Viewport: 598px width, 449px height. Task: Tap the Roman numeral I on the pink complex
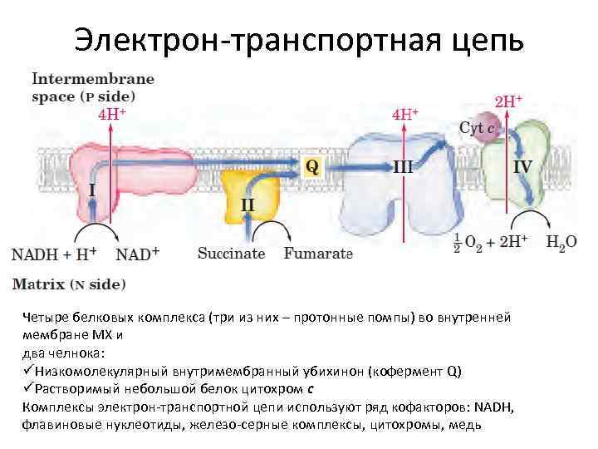[x=91, y=190]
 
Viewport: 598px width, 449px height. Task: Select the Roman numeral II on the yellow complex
[x=248, y=204]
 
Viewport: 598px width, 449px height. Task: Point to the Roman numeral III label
[x=403, y=166]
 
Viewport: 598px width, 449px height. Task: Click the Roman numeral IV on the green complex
[x=522, y=166]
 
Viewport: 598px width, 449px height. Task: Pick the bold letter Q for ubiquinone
[x=312, y=166]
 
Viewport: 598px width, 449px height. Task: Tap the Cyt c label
[x=478, y=128]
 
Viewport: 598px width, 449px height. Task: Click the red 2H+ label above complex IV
[x=508, y=101]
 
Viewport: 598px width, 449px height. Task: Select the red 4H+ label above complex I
[x=112, y=114]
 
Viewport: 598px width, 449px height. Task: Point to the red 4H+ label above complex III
[x=404, y=114]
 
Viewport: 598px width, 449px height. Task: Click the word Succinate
[x=231, y=254]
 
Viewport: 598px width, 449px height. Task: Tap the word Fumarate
[x=317, y=254]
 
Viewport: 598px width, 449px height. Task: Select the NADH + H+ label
[x=54, y=254]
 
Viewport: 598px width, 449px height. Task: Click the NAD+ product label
[x=137, y=254]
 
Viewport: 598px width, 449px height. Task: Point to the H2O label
[x=561, y=243]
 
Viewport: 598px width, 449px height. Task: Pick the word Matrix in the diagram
[x=38, y=284]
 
